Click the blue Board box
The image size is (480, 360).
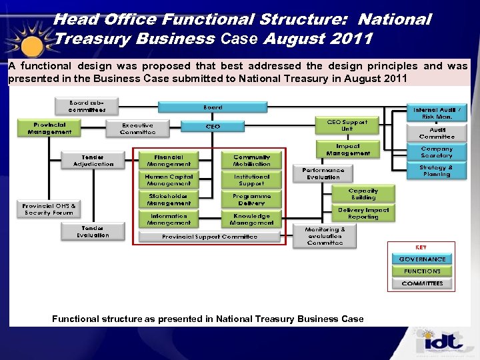click(213, 107)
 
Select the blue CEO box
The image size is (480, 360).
click(213, 126)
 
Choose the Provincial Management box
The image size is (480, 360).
click(50, 128)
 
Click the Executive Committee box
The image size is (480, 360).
click(138, 128)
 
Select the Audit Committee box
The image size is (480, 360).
click(437, 133)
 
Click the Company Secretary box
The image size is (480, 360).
click(437, 153)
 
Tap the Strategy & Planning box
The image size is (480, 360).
click(437, 171)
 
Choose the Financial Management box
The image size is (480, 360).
click(169, 161)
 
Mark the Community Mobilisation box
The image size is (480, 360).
click(251, 161)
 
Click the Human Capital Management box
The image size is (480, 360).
click(169, 180)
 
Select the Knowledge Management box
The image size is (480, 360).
click(251, 219)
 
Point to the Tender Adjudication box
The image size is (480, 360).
click(93, 161)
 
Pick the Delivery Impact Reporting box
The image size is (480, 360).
click(363, 213)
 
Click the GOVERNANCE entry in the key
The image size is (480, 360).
click(422, 259)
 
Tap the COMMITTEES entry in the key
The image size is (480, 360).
click(422, 283)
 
